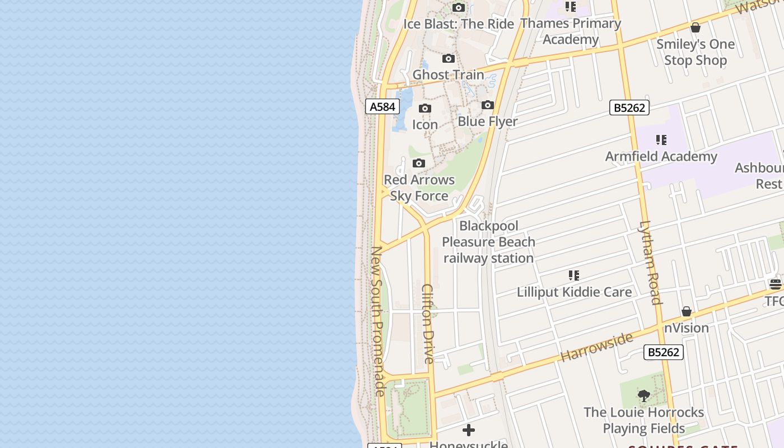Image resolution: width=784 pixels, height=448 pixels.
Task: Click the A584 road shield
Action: (382, 106)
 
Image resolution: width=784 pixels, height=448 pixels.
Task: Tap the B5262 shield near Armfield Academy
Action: (629, 108)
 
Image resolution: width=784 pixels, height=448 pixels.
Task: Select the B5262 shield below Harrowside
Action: (664, 352)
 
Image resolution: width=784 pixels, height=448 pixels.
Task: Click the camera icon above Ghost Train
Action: (448, 59)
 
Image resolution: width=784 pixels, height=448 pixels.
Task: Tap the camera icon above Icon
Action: (425, 109)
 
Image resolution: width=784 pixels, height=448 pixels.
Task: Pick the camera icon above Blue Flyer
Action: (488, 105)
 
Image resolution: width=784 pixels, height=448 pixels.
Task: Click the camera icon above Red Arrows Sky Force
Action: (419, 164)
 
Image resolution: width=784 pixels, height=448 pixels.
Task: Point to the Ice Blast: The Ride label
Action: (458, 24)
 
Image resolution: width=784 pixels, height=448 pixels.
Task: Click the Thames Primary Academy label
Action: (571, 31)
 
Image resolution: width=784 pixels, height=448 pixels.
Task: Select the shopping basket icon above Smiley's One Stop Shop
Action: (696, 27)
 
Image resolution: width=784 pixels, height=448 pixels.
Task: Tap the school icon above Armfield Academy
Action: (661, 140)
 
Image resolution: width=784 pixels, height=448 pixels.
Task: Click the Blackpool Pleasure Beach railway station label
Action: (488, 242)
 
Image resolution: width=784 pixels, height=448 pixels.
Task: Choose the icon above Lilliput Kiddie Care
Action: (574, 276)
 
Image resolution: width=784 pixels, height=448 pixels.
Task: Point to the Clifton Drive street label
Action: (428, 324)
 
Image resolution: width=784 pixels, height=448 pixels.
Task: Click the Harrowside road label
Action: (596, 346)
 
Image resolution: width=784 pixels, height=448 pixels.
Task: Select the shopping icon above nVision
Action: (687, 311)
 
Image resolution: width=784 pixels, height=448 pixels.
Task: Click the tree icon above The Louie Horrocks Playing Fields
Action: (644, 396)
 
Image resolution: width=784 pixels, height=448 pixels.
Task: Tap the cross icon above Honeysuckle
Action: (469, 430)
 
